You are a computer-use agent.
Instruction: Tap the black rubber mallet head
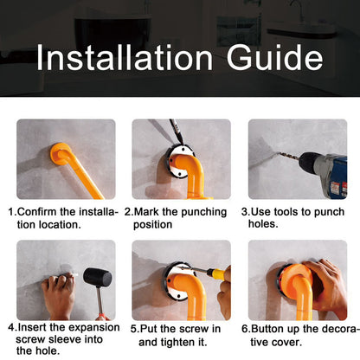coord(97,278)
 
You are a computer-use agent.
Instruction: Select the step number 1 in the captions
coord(11,211)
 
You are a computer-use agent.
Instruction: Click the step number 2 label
coord(128,211)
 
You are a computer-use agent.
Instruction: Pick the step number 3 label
coord(244,211)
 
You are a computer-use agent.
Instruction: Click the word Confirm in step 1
coord(38,211)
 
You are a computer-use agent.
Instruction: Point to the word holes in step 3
coord(267,224)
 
